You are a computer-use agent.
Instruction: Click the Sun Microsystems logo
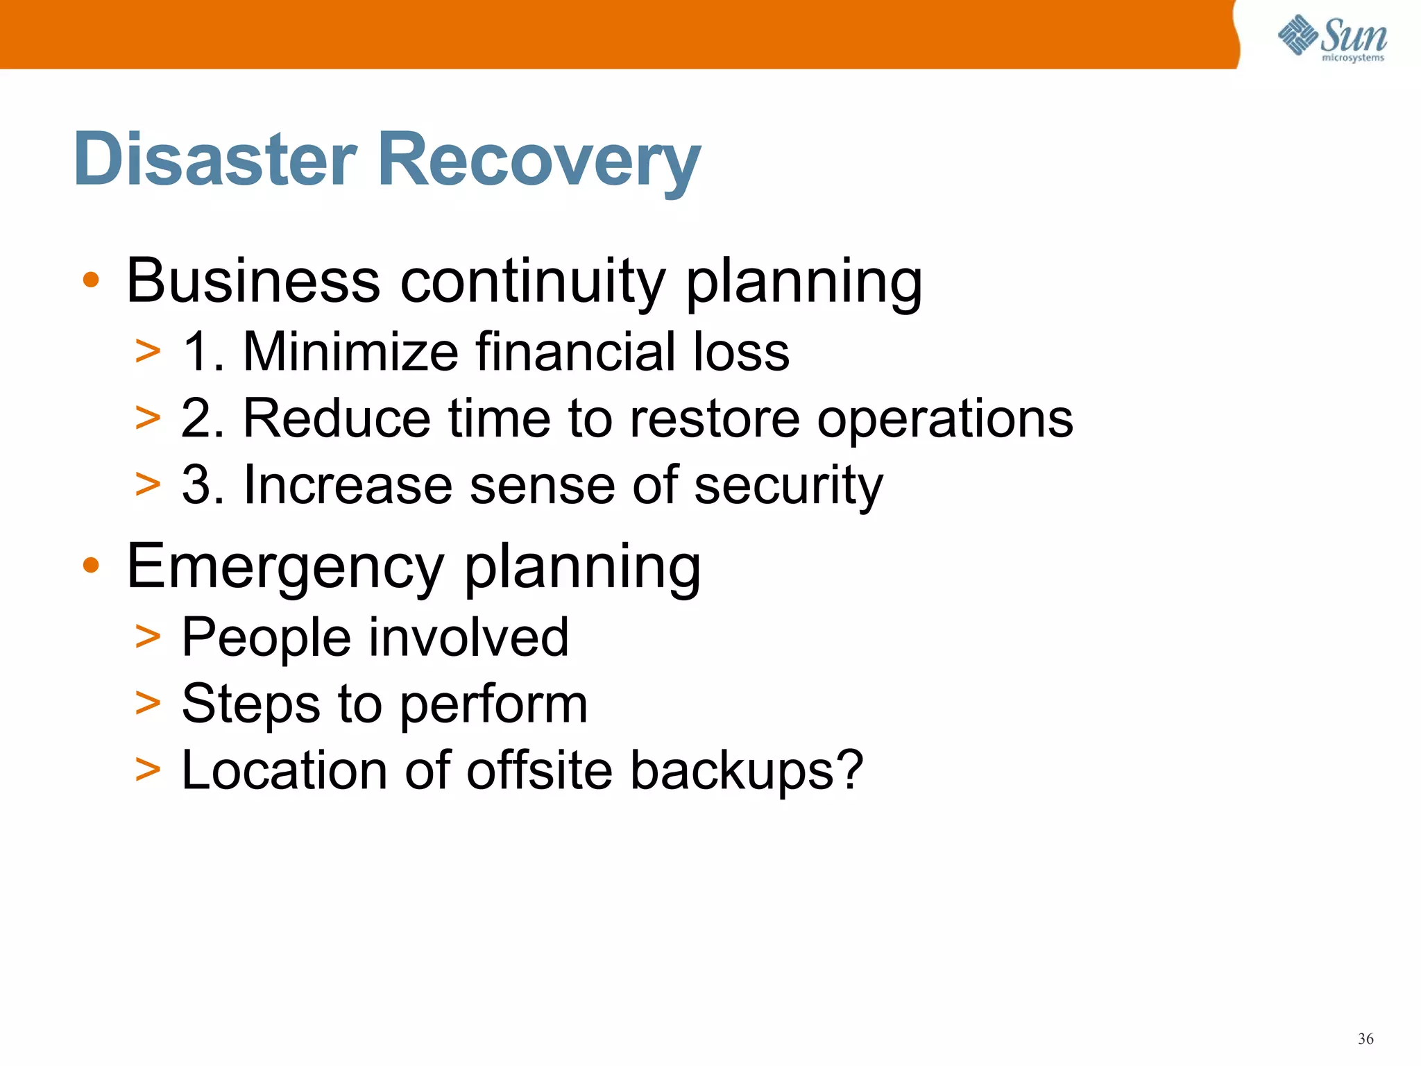point(1331,37)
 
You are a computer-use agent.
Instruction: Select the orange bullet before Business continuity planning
point(91,280)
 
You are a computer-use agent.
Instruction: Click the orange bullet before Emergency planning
point(91,566)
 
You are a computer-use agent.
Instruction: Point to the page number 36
point(1365,1039)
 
